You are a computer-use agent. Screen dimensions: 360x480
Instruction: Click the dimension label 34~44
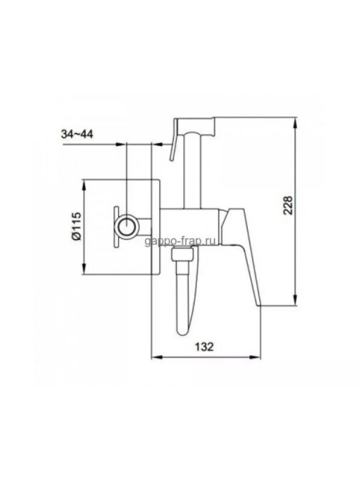(x=77, y=134)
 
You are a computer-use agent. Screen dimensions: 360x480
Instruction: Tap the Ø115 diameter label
(x=76, y=226)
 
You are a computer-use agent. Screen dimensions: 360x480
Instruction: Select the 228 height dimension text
(x=288, y=206)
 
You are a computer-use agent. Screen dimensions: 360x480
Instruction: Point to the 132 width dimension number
(x=204, y=347)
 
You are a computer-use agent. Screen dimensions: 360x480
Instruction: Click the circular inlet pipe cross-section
(x=126, y=226)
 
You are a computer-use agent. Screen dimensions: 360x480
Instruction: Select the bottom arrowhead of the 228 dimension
(x=295, y=300)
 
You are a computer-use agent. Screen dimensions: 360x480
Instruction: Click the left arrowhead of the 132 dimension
(x=157, y=357)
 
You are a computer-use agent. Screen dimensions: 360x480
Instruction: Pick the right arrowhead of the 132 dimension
(x=255, y=357)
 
